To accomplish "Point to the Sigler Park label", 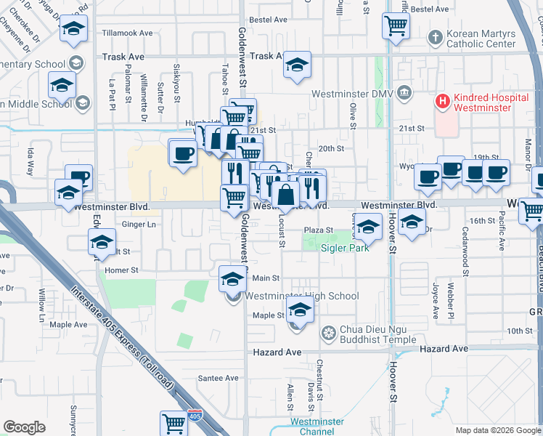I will pyautogui.click(x=346, y=248).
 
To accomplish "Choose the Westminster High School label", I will pyautogui.click(x=301, y=296).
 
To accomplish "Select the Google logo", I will pyautogui.click(x=24, y=427).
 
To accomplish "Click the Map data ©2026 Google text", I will pyautogui.click(x=497, y=430).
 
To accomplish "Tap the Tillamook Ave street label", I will pyautogui.click(x=128, y=33).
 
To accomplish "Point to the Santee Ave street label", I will pyautogui.click(x=219, y=378).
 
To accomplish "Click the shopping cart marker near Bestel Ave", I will pyautogui.click(x=396, y=25).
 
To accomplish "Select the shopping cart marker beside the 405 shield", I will pyautogui.click(x=174, y=423).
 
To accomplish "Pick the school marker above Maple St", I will pyautogui.click(x=299, y=311).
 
